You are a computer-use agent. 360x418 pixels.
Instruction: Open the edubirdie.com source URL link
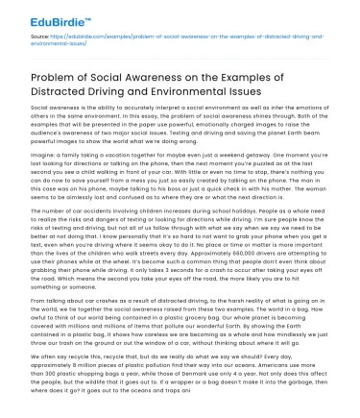tap(144, 41)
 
